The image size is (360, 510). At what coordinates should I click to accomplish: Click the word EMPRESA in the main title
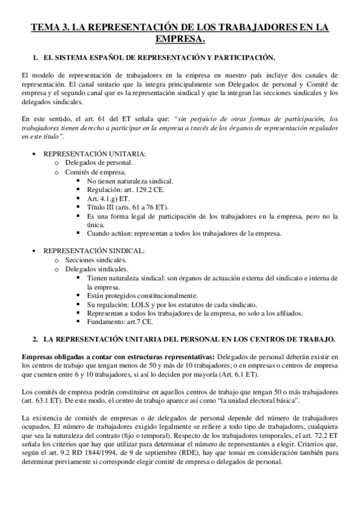[180, 39]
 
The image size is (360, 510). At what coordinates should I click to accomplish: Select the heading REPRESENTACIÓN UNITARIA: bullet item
[94, 153]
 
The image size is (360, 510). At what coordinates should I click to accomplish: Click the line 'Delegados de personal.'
[99, 162]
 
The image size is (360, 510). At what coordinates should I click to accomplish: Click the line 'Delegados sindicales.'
[96, 268]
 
